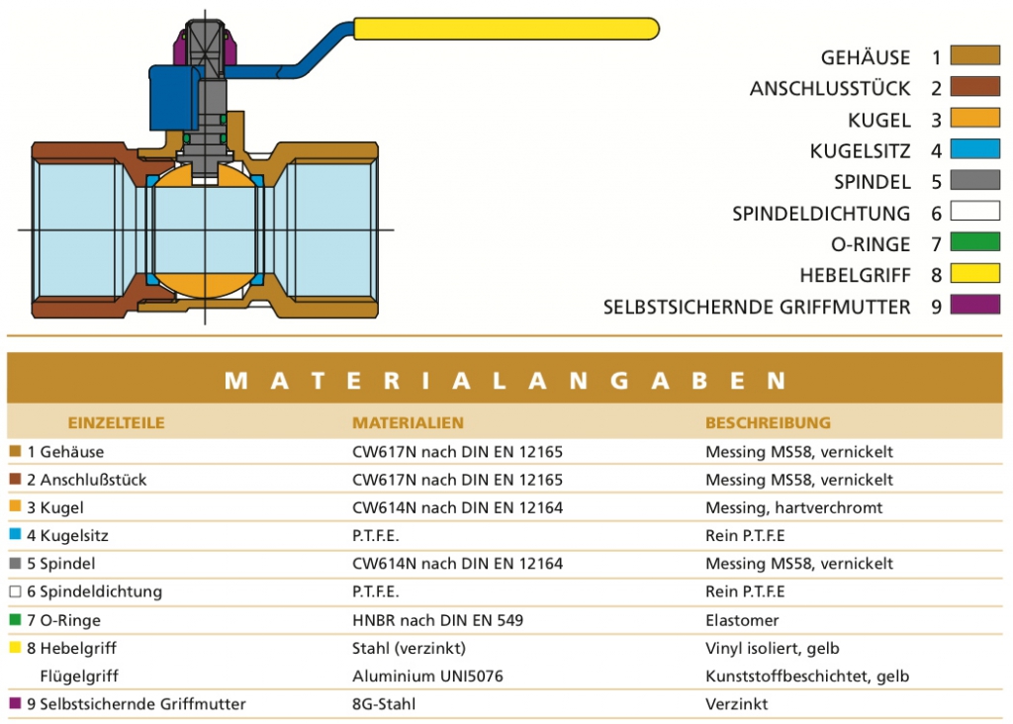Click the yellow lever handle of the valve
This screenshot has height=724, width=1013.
tap(506, 29)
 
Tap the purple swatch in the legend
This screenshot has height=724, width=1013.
tap(974, 305)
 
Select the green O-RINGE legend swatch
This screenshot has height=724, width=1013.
tap(974, 242)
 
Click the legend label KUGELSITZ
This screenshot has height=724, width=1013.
tap(860, 151)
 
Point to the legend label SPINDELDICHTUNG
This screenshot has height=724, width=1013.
tap(821, 213)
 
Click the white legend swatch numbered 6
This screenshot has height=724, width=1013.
tap(974, 212)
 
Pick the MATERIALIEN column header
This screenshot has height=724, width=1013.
tap(408, 423)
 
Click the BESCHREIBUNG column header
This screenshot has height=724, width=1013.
tap(768, 423)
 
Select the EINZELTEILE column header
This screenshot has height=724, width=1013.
tap(117, 423)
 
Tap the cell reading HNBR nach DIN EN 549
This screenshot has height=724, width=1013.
tap(437, 621)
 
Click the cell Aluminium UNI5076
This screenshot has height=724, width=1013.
tap(427, 677)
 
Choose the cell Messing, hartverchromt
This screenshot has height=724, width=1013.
tap(793, 508)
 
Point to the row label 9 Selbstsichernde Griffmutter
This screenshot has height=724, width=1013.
tap(136, 704)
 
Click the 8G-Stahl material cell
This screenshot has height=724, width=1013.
tap(384, 704)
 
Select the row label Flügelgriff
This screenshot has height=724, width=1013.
tap(79, 677)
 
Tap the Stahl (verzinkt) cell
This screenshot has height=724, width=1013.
tap(409, 649)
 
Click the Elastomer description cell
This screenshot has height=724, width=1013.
tap(742, 621)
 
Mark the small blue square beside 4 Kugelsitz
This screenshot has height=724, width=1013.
tap(15, 535)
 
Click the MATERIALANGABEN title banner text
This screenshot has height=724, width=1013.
tap(505, 381)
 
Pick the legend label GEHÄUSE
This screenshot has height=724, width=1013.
tap(865, 57)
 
